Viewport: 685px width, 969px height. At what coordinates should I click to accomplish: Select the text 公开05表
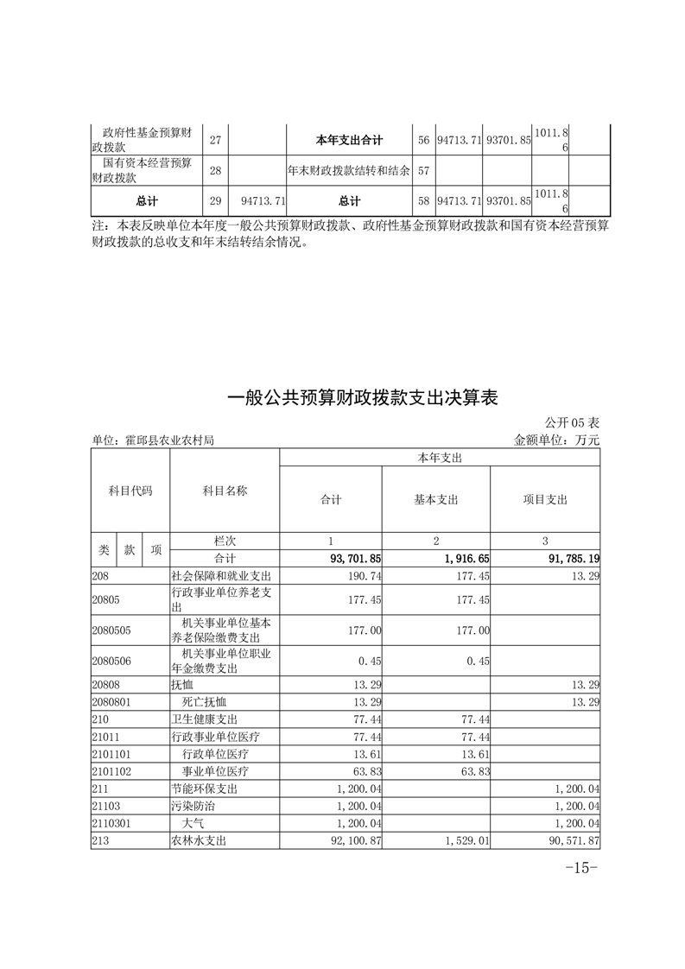[572, 423]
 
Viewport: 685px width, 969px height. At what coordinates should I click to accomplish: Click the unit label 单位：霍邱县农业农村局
[153, 440]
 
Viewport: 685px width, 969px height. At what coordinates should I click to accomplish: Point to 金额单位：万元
[556, 440]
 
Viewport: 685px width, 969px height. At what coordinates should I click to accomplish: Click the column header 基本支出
[436, 499]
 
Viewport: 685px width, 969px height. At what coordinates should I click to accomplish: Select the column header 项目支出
[545, 499]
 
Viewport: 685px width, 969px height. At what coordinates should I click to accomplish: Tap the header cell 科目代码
[130, 491]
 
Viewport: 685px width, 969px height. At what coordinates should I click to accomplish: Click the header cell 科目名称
[225, 491]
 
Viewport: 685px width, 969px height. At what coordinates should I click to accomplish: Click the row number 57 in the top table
[423, 170]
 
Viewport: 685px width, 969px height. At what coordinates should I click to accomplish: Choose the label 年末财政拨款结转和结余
[349, 170]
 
